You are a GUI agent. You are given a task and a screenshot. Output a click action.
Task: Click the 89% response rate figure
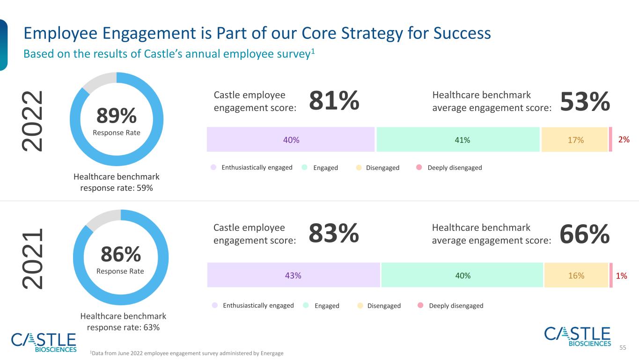coord(117,116)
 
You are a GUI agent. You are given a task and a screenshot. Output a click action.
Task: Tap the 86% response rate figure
coord(121,254)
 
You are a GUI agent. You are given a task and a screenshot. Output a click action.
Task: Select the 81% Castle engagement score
coord(334,100)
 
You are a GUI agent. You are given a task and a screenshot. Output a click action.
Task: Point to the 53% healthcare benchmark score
coord(585,102)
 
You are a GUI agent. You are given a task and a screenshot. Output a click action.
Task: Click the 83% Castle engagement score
coord(334,233)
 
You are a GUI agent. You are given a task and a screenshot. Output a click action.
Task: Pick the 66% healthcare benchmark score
coord(585,234)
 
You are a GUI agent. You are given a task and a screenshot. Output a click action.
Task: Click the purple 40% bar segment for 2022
coord(291,140)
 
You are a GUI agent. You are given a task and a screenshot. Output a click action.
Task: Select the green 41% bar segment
coord(458,140)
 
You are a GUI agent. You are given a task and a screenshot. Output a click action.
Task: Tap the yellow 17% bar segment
coord(574,140)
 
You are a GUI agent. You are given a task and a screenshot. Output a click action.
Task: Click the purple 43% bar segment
coord(294,275)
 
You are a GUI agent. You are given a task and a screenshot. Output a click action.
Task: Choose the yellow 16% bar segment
coord(576,275)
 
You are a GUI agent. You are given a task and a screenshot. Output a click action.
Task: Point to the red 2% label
coord(624,140)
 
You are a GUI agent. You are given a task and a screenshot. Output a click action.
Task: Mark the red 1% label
coord(621,276)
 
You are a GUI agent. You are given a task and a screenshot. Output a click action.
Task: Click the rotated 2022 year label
coord(32,121)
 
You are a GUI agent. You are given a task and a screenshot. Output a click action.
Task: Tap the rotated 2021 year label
coord(32,259)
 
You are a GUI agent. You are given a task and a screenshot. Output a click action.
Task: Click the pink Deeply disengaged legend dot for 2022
coord(419,167)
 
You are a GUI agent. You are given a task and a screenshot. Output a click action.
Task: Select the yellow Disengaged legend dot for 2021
coord(360,306)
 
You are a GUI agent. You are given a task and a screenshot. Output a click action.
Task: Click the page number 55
coord(623,347)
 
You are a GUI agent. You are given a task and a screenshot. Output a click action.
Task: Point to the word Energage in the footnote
coord(272,353)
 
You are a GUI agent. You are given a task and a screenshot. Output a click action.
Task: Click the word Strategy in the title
coord(372,33)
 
